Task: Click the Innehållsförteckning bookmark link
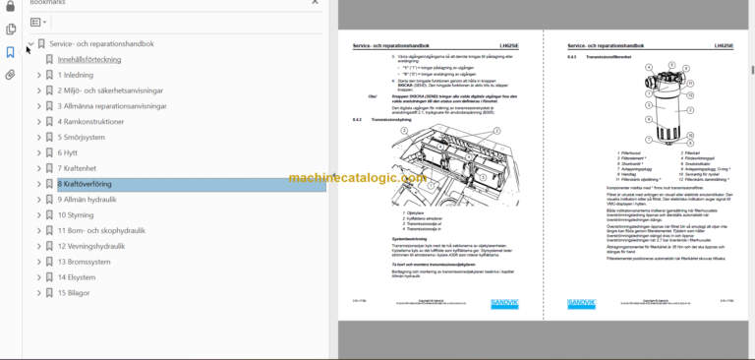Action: (89, 59)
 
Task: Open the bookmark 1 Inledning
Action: (76, 75)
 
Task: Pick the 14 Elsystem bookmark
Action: (81, 277)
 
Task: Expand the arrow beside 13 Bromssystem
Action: (38, 262)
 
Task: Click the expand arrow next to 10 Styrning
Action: (38, 214)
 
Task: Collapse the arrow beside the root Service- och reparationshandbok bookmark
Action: (29, 44)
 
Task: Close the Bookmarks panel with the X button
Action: (314, 3)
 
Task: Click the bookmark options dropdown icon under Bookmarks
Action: (37, 22)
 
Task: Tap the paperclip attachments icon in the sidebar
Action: (10, 74)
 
